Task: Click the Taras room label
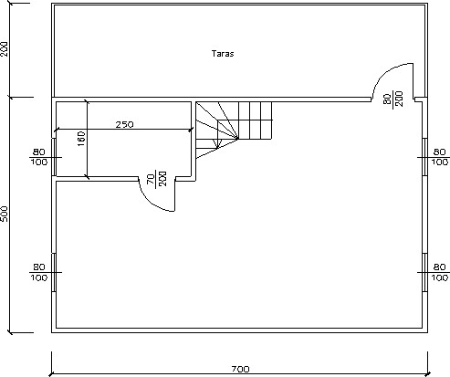(223, 54)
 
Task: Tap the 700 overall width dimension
(240, 369)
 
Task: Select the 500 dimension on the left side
(5, 214)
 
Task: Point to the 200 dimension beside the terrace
(5, 48)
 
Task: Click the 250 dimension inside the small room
(124, 124)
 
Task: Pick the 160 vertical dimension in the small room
(81, 139)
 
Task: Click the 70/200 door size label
(157, 179)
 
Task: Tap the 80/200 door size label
(393, 99)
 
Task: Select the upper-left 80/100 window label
(39, 157)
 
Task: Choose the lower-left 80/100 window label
(39, 272)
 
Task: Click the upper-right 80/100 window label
(439, 157)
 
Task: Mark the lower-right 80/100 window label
(439, 272)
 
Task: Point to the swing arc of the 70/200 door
(149, 202)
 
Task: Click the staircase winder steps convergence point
(237, 139)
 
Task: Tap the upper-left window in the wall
(54, 157)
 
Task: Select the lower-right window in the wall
(424, 272)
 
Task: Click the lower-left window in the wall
(54, 272)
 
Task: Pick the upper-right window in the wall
(424, 157)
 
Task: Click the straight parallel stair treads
(255, 120)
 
